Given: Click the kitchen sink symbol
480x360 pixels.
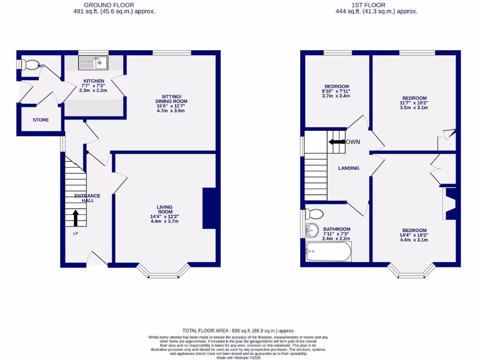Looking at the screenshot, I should (x=94, y=62).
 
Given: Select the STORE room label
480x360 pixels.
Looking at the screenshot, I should (x=41, y=120).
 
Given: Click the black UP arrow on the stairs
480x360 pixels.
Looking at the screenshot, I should (x=75, y=218).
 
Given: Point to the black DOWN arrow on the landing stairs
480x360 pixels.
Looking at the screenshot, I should (x=337, y=142).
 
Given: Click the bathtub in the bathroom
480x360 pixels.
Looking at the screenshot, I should (x=328, y=252).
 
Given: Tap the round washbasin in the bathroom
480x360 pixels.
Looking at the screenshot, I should (x=311, y=230).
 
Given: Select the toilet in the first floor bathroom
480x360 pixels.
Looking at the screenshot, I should (x=314, y=214).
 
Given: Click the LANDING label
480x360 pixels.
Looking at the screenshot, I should (x=349, y=168).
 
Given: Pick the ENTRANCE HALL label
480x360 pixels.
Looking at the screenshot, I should (x=88, y=198).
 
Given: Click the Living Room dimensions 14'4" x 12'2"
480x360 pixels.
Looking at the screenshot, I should (x=165, y=217).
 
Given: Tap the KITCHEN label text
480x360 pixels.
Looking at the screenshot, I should (x=94, y=81).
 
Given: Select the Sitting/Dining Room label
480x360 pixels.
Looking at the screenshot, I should (x=172, y=98).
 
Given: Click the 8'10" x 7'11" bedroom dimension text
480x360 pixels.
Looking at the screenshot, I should (x=336, y=91).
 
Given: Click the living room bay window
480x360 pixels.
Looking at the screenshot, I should (x=164, y=272).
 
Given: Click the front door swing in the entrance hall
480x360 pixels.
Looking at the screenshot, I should (x=97, y=258).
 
